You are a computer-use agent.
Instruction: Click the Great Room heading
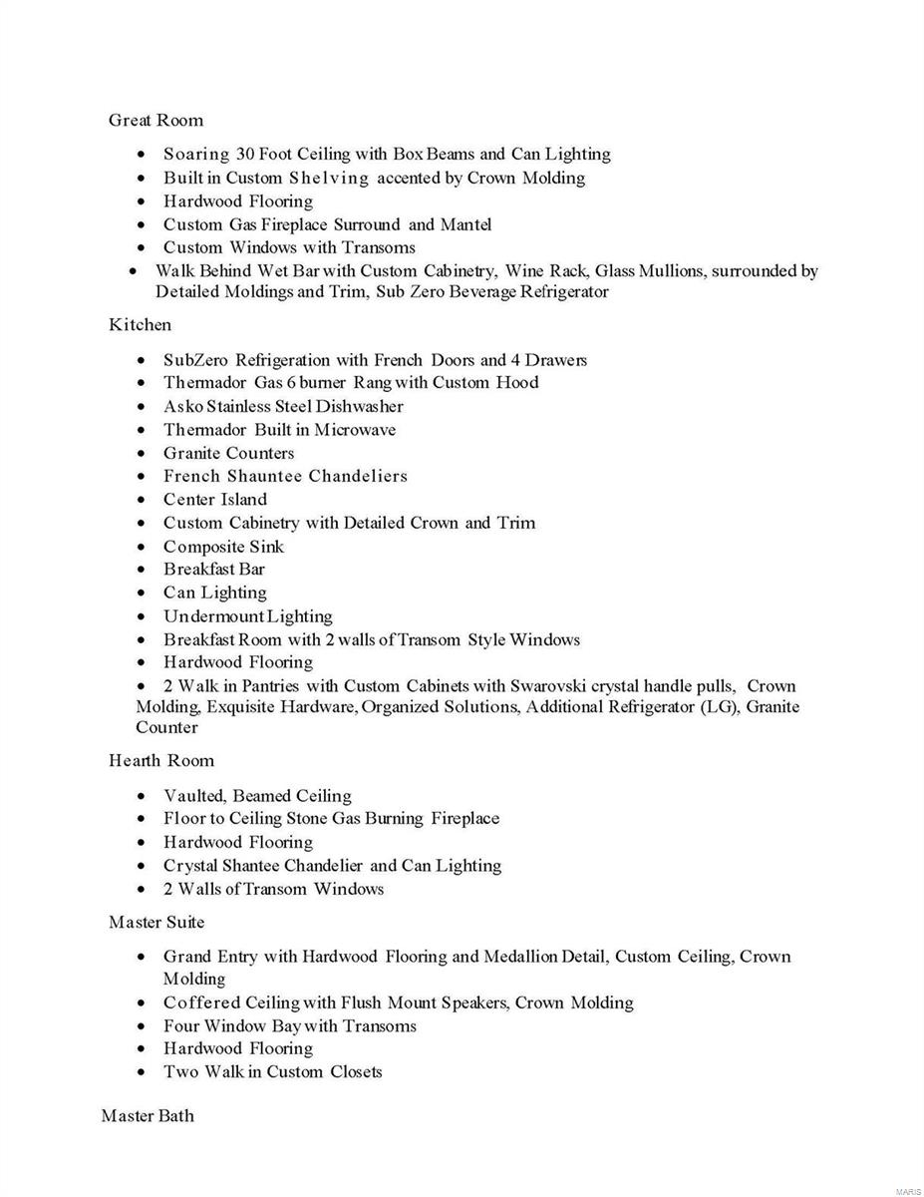(155, 121)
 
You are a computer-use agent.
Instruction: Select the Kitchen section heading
(140, 325)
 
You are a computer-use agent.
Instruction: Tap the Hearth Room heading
(161, 761)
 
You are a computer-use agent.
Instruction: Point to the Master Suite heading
(156, 922)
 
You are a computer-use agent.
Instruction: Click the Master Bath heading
(148, 1115)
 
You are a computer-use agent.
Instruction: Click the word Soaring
(196, 155)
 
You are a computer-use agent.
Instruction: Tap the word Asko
(183, 407)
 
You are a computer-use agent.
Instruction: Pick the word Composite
(204, 547)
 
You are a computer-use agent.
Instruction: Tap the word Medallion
(519, 957)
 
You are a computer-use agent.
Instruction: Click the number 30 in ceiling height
(246, 155)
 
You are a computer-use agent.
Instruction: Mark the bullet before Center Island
(146, 500)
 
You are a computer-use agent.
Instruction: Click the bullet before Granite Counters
(146, 454)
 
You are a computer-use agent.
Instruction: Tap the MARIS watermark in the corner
(907, 1191)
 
